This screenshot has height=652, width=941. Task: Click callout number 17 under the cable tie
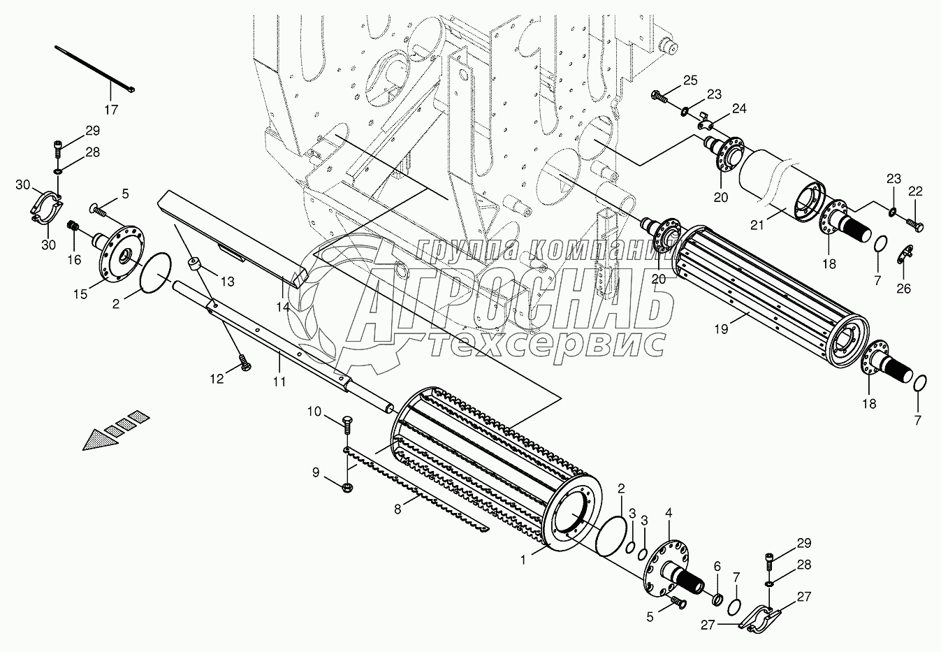pyautogui.click(x=111, y=110)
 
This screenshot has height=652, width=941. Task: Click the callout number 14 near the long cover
pyautogui.click(x=283, y=307)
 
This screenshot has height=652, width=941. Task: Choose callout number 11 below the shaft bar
pyautogui.click(x=279, y=381)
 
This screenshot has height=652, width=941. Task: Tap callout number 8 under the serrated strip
pyautogui.click(x=397, y=509)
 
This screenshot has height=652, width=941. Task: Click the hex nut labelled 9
pyautogui.click(x=348, y=487)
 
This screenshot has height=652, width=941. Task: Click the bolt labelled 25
pyautogui.click(x=659, y=95)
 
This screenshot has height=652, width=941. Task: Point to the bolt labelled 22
pyautogui.click(x=915, y=225)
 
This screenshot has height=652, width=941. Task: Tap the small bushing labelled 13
pyautogui.click(x=195, y=265)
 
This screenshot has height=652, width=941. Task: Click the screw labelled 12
pyautogui.click(x=244, y=364)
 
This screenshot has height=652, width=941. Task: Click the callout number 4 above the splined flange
pyautogui.click(x=669, y=513)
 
